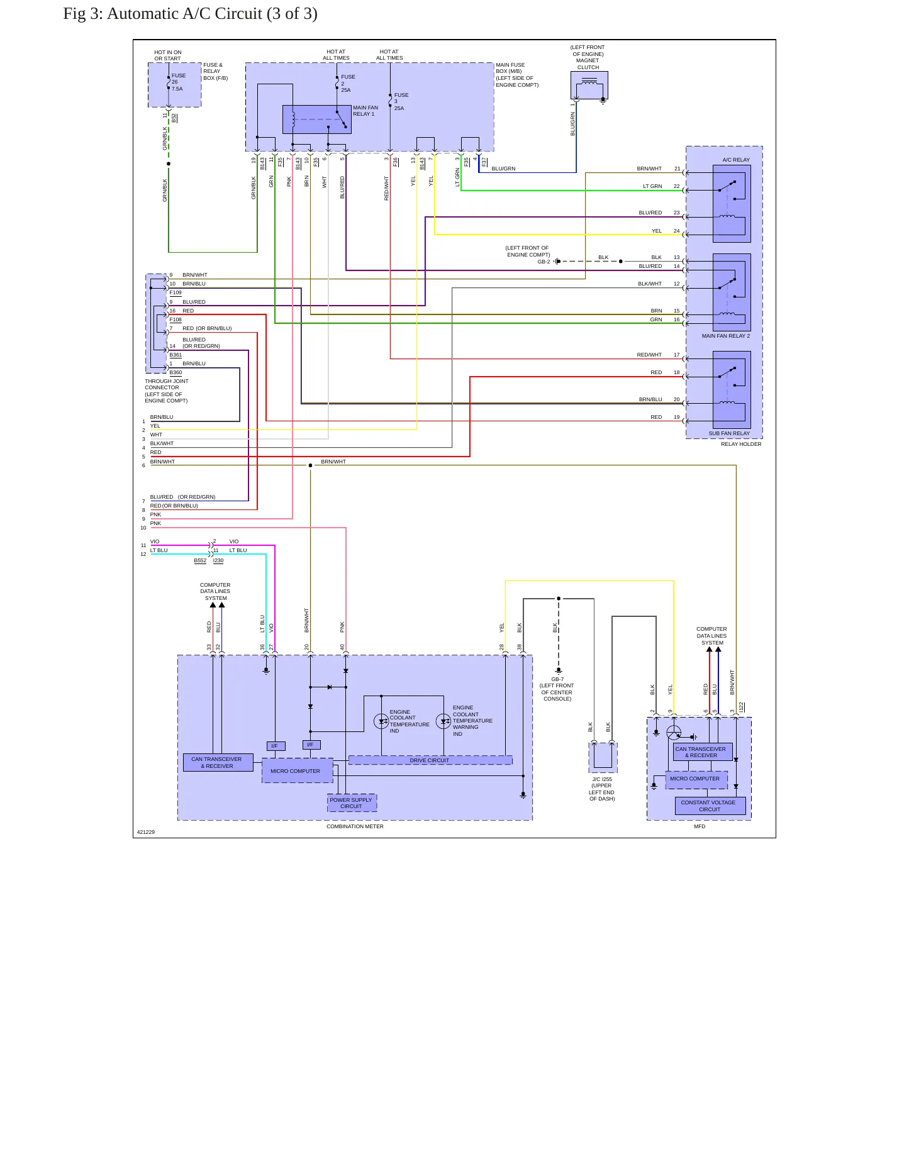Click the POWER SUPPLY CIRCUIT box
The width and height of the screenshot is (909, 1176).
pyautogui.click(x=352, y=802)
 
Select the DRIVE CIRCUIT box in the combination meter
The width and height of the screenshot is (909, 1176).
pyautogui.click(x=430, y=760)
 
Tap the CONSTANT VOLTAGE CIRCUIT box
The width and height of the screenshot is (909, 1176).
pyautogui.click(x=710, y=806)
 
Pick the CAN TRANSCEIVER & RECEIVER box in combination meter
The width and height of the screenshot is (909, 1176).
pyautogui.click(x=218, y=762)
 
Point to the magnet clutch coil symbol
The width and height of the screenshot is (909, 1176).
pyautogui.click(x=589, y=81)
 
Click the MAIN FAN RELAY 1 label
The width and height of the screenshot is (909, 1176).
pyautogui.click(x=365, y=111)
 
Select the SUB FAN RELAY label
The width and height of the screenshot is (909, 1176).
pyautogui.click(x=729, y=433)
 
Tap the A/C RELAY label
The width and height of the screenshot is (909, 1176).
pyautogui.click(x=736, y=160)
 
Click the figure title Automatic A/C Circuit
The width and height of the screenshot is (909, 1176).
pyautogui.click(x=190, y=14)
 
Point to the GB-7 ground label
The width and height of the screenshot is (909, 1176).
pyautogui.click(x=557, y=679)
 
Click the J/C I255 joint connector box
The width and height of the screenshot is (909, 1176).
pyautogui.click(x=603, y=757)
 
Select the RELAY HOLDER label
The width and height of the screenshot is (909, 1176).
pyautogui.click(x=741, y=444)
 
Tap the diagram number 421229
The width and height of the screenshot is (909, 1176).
pyautogui.click(x=146, y=832)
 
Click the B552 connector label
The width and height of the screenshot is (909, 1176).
pyautogui.click(x=200, y=560)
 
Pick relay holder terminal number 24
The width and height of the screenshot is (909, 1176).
pyautogui.click(x=677, y=231)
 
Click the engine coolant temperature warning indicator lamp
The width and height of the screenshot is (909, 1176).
pyautogui.click(x=443, y=721)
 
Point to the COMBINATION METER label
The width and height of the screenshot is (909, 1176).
pyautogui.click(x=355, y=826)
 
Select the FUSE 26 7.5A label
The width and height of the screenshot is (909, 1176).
pyautogui.click(x=178, y=82)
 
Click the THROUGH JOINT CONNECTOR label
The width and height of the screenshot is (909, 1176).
pyautogui.click(x=167, y=391)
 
